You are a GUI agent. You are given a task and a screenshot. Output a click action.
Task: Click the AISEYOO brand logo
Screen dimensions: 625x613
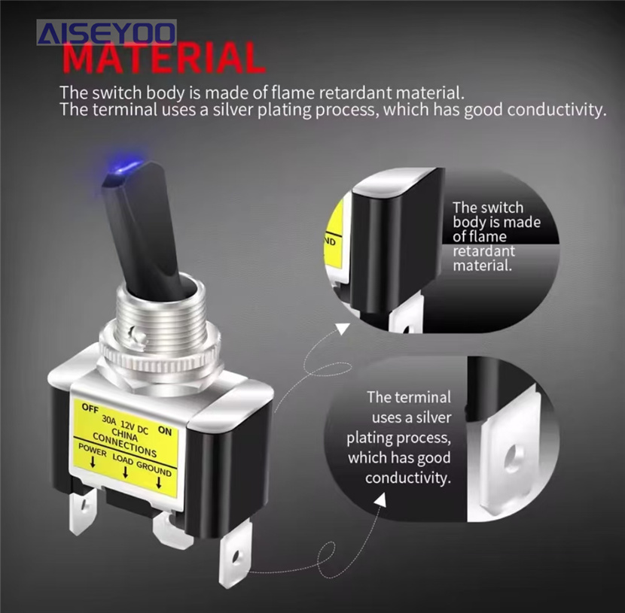[x=107, y=32]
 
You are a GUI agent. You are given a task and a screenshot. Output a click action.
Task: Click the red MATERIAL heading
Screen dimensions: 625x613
[x=164, y=58]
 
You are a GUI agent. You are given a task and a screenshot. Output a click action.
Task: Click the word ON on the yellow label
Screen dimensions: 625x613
[x=165, y=431]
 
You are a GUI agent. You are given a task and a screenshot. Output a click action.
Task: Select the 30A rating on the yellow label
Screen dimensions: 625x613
[x=109, y=419]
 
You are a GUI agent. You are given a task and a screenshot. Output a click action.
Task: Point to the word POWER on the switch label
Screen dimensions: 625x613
[x=93, y=450]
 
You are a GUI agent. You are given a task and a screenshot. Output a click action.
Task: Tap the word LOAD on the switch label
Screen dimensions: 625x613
[x=123, y=459]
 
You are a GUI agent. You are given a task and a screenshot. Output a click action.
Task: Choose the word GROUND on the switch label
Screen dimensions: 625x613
[x=154, y=469]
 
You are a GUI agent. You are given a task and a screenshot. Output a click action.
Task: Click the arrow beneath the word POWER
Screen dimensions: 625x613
[x=93, y=462]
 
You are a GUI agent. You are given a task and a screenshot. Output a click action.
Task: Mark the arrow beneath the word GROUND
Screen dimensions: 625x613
[x=159, y=482]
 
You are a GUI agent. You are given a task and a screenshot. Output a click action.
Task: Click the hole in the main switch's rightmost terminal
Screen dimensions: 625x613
[x=236, y=557]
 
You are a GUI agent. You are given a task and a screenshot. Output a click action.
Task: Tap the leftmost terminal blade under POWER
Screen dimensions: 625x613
[x=82, y=512]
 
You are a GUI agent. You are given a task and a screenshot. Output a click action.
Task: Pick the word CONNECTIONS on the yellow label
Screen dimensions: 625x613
[x=125, y=445]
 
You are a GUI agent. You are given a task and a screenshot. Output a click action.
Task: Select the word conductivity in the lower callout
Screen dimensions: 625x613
[x=408, y=478]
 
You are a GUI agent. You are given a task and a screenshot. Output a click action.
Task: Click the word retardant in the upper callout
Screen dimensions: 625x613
[x=484, y=251]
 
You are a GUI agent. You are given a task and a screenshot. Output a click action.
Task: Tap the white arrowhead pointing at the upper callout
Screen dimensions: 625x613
[x=343, y=329]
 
